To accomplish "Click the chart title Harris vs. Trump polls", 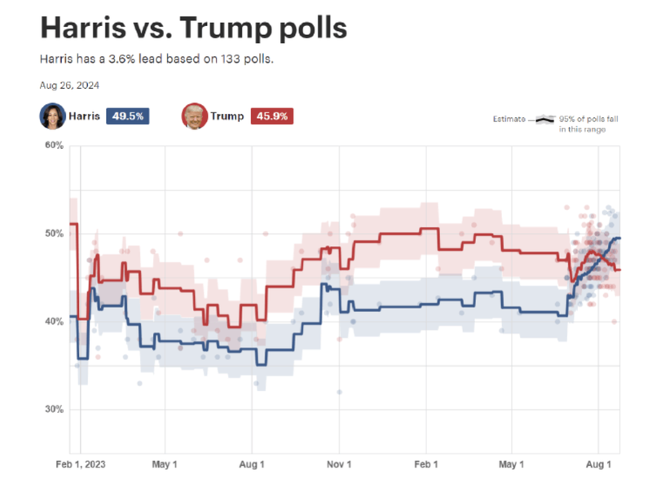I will click(193, 29).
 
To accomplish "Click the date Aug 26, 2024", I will click(69, 85).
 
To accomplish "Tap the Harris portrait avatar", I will click(52, 116).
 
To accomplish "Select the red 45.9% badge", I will click(271, 116).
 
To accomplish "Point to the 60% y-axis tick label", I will click(53, 146).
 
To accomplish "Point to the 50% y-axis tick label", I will click(53, 234).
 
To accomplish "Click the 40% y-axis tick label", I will click(53, 322).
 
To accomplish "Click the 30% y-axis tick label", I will click(53, 410).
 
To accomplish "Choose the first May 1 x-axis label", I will click(165, 466).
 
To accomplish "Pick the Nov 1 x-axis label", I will click(338, 466).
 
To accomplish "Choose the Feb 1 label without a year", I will click(425, 466).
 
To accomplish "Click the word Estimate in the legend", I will click(510, 120).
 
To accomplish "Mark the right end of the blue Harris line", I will click(620, 238).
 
